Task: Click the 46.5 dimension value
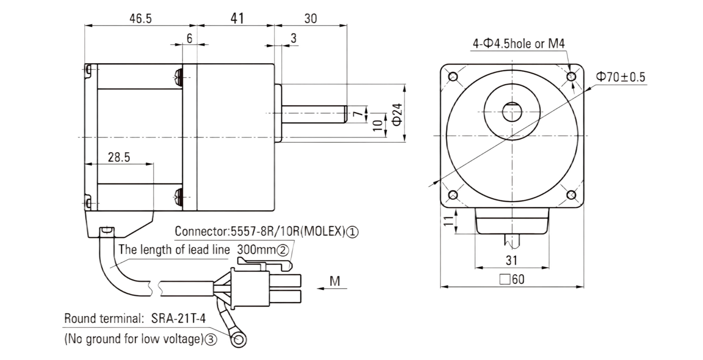pyautogui.click(x=141, y=18)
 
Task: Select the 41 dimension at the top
pyautogui.click(x=237, y=18)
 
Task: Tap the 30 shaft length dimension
pyautogui.click(x=311, y=18)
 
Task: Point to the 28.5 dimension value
pyautogui.click(x=119, y=157)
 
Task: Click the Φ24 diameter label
pyautogui.click(x=397, y=115)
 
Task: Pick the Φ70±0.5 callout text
pyautogui.click(x=620, y=77)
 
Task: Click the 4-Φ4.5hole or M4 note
pyautogui.click(x=519, y=44)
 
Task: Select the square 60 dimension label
pyautogui.click(x=512, y=279)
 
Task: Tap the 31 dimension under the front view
pyautogui.click(x=511, y=260)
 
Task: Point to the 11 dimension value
pyautogui.click(x=449, y=221)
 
